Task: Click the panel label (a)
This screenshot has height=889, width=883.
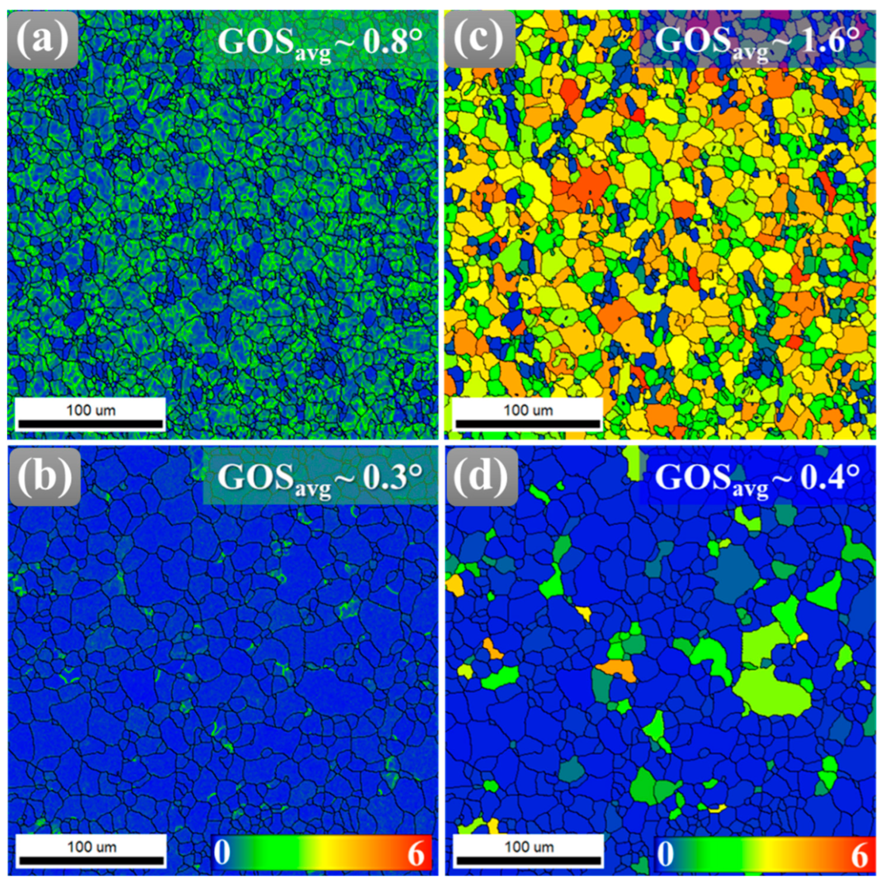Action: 42,40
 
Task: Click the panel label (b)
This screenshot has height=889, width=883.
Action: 44,477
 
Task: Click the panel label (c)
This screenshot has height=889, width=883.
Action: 480,40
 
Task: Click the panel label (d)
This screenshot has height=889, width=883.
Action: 481,477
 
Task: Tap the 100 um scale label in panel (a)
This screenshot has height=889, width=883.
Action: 91,410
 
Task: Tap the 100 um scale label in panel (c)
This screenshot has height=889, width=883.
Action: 528,410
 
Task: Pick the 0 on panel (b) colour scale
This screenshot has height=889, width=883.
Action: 222,852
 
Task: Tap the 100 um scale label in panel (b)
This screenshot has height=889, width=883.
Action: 91,846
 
